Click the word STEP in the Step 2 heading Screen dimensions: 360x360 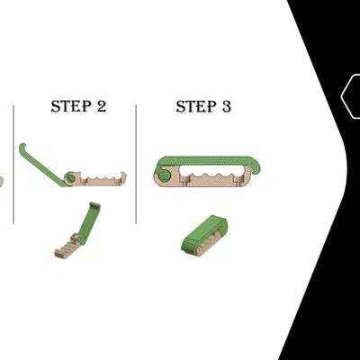71,106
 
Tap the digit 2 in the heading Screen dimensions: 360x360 102,106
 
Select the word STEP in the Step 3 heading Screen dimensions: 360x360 196,106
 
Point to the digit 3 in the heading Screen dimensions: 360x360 227,106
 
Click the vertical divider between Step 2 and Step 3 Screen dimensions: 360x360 136,164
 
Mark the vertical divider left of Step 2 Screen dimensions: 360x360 13,164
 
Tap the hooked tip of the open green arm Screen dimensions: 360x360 22,147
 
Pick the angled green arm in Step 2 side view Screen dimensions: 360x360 42,166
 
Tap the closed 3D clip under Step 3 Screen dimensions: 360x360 204,236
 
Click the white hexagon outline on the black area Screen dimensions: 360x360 343,96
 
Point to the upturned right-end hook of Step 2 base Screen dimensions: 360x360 122,175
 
